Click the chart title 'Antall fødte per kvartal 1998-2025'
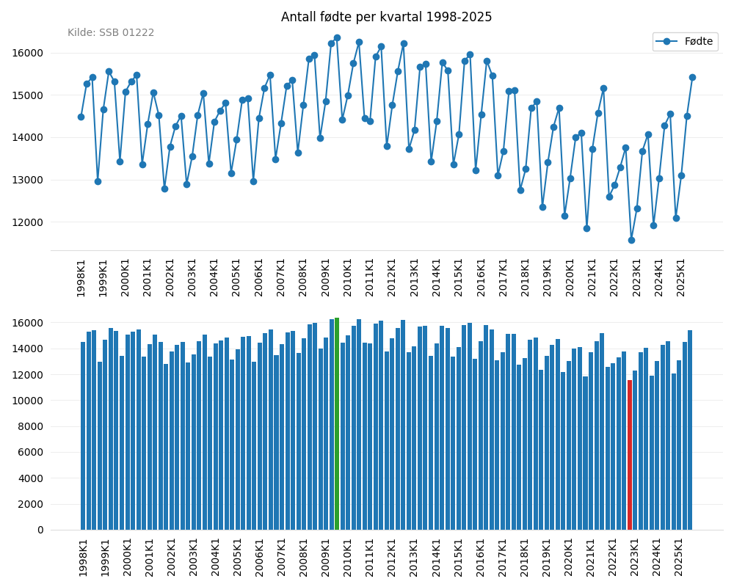coord(386,18)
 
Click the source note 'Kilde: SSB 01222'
coord(111,33)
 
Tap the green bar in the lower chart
coord(337,424)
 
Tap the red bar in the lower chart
coord(630,455)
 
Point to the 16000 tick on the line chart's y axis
coord(28,53)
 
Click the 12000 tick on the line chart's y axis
coord(28,222)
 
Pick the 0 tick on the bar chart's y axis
coord(40,530)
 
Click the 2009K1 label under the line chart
coord(326,277)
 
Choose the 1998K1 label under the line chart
coord(81,277)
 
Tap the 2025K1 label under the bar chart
coord(679,557)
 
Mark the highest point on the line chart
coord(337,38)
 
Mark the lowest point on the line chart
coord(631,240)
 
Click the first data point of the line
coord(81,117)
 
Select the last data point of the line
coord(692,77)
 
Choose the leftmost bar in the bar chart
coord(83,436)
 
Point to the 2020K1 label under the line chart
coord(570,277)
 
